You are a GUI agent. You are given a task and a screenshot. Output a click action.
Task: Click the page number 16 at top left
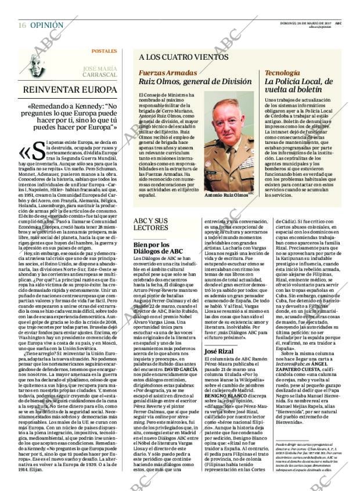click(x=23, y=26)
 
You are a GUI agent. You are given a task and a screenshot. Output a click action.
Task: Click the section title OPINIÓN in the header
click(x=46, y=26)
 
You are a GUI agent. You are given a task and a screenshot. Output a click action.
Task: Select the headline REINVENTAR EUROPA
click(x=69, y=91)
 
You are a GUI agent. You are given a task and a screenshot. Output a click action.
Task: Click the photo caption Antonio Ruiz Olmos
click(x=226, y=196)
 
